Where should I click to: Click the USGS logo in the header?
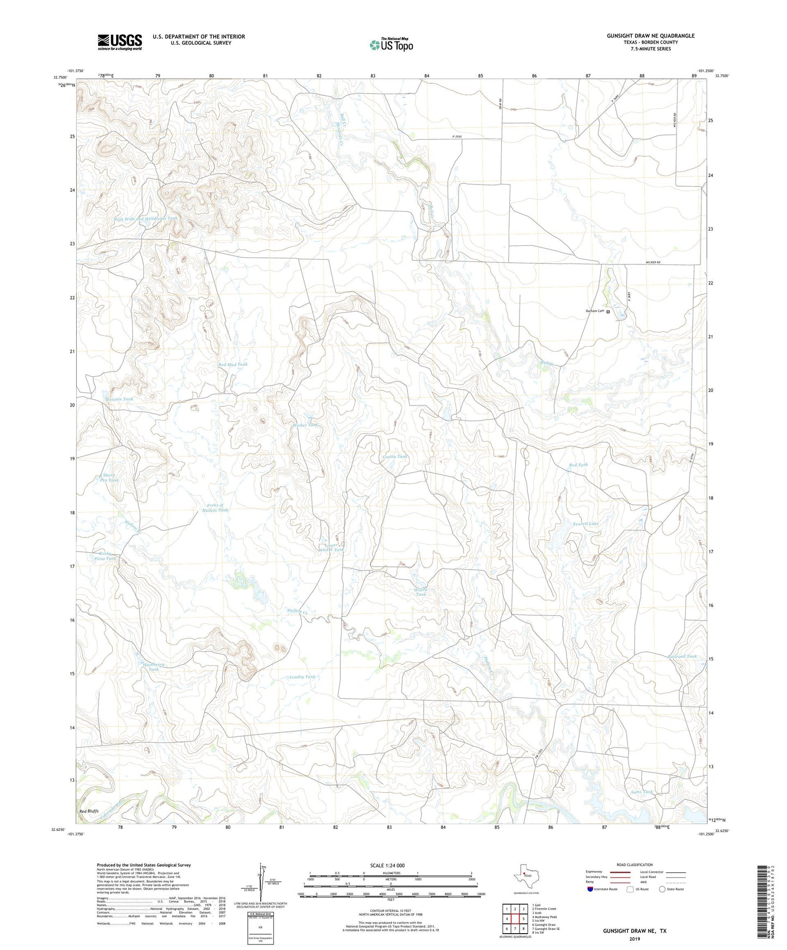tap(120, 41)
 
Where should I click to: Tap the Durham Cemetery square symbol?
tap(608, 312)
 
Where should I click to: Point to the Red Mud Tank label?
tap(233, 364)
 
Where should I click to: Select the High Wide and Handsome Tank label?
tap(145, 219)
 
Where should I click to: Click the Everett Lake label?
tap(585, 523)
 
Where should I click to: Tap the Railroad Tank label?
tap(682, 656)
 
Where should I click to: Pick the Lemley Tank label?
tap(302, 677)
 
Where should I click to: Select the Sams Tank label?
tap(642, 792)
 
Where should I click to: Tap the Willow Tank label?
tap(420, 592)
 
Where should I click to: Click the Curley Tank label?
tap(395, 457)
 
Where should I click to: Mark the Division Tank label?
tap(119, 399)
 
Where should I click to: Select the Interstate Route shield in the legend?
tap(591, 889)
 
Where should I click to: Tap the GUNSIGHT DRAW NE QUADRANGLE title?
tap(650, 36)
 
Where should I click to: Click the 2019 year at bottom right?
tap(634, 939)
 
